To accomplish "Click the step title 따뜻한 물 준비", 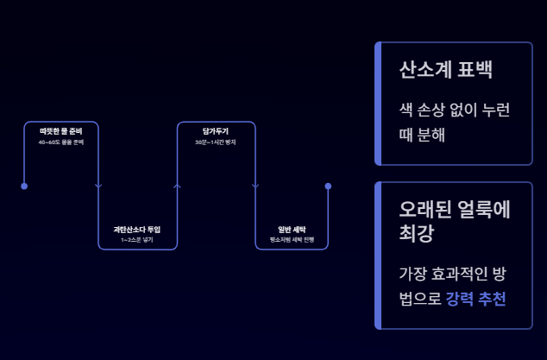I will pos(60,131).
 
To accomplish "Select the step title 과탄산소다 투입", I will pos(137,230).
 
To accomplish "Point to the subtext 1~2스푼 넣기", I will pos(137,239).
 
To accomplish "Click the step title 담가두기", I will pos(216,131).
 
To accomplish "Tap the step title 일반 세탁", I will pos(292,230).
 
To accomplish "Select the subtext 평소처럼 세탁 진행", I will pos(292,239).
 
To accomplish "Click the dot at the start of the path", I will pos(24,186).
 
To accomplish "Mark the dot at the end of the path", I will pos(328,186).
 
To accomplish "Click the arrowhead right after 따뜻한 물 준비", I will pos(98,186).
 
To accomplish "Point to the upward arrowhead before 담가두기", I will pos(177,184).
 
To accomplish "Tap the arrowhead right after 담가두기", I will pos(255,186).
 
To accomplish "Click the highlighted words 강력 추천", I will pos(475,299).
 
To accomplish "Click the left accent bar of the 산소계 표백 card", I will pos(378,103).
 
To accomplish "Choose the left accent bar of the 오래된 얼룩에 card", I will pos(378,255).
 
